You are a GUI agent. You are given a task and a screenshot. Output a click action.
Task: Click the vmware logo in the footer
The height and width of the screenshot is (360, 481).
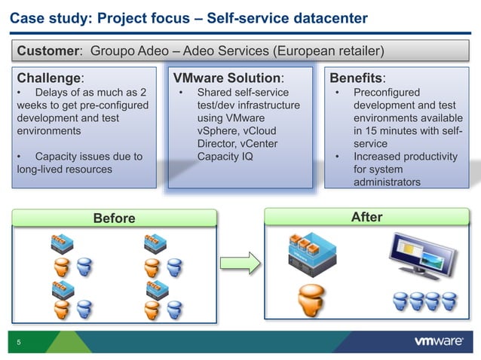[x=439, y=341]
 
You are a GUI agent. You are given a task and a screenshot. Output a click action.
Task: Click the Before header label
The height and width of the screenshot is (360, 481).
[x=114, y=218]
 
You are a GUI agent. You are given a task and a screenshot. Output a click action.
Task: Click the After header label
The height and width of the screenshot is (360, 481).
[x=367, y=218]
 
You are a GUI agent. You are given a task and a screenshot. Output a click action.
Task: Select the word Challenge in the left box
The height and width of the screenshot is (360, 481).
[x=48, y=78]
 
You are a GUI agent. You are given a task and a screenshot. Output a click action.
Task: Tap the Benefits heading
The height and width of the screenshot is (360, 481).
[x=357, y=78]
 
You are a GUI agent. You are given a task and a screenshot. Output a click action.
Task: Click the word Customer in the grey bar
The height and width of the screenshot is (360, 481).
[x=50, y=51]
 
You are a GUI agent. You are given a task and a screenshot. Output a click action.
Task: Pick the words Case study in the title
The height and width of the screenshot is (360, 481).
[x=45, y=17]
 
